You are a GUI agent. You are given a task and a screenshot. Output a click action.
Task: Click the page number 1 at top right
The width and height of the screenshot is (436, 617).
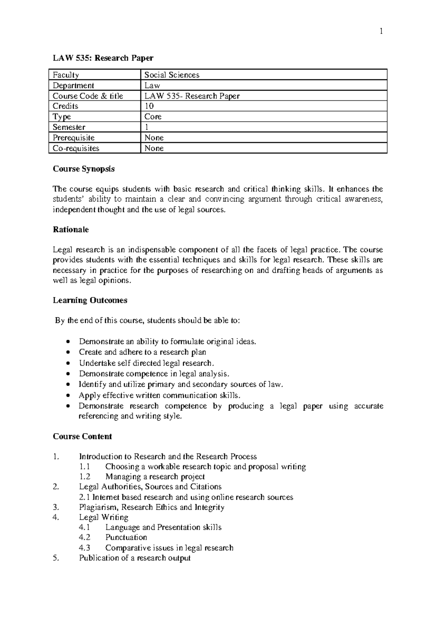click(381, 32)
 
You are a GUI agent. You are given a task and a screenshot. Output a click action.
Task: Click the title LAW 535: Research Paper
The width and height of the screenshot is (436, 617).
click(103, 58)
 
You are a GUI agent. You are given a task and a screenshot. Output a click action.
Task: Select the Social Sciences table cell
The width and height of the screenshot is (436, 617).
click(172, 75)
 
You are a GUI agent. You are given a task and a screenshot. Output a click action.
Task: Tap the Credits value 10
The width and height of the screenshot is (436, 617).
click(149, 106)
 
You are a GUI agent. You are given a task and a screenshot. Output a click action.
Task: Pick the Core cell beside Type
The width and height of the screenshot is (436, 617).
click(153, 117)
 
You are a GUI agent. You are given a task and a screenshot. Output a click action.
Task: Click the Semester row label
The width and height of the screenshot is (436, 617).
click(69, 127)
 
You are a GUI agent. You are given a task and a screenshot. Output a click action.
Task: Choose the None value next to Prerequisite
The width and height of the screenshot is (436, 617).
click(154, 138)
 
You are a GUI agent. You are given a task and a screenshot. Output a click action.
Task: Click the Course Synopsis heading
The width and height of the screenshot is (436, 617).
click(84, 169)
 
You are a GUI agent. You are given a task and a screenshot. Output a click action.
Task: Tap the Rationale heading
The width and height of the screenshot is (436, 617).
click(71, 230)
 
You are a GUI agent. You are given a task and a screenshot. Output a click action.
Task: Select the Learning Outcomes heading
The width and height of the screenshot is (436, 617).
click(90, 300)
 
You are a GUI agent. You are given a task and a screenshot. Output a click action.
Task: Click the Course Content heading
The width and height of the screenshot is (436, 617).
click(82, 437)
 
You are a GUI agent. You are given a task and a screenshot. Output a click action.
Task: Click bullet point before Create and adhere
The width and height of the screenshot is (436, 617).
click(69, 353)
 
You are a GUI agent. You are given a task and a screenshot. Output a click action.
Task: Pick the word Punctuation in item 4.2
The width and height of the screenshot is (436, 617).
click(126, 538)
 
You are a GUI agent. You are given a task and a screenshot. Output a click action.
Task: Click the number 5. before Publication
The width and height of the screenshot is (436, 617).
click(56, 558)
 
